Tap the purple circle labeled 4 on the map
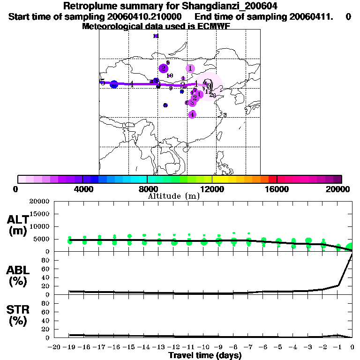click(x=192, y=114)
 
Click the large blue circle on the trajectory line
click(x=114, y=84)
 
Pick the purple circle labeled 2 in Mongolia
click(x=163, y=68)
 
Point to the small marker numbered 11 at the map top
click(x=156, y=36)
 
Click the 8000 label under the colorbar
click(x=147, y=189)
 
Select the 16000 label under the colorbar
click(x=277, y=189)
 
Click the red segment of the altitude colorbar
click(x=273, y=179)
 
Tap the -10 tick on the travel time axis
click(x=203, y=347)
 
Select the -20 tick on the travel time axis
click(x=55, y=347)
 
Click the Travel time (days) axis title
click(x=205, y=355)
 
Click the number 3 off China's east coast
click(x=225, y=115)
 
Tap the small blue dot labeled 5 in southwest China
click(x=165, y=105)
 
